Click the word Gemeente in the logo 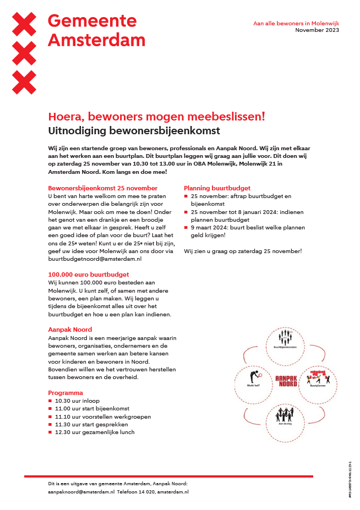click(x=92, y=21)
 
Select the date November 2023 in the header click(x=317, y=30)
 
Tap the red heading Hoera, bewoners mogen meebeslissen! click(x=157, y=116)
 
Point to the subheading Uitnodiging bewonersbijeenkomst click(x=134, y=131)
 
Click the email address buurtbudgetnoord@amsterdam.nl click(x=95, y=258)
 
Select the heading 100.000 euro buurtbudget click(x=89, y=274)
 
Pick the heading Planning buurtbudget click(x=217, y=188)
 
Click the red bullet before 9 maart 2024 click(x=186, y=227)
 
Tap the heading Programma click(x=66, y=393)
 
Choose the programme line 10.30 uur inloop click(x=77, y=401)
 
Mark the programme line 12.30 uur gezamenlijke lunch click(x=94, y=432)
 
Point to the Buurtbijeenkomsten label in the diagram click(x=285, y=348)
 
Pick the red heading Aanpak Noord click(x=70, y=329)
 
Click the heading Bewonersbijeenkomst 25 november click(x=103, y=188)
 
